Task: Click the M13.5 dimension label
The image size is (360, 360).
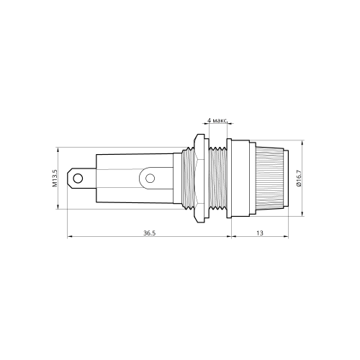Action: click(x=55, y=178)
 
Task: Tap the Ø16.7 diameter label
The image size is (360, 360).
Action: click(x=299, y=178)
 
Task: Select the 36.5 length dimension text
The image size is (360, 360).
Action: click(x=150, y=233)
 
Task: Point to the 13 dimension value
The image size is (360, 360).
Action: click(x=260, y=233)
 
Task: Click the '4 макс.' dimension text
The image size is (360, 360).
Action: click(x=217, y=120)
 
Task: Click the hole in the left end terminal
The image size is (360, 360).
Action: click(x=78, y=179)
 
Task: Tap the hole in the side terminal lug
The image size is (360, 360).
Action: click(x=150, y=179)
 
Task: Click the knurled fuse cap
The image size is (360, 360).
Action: click(x=269, y=179)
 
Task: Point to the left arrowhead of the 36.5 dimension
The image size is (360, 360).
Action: click(x=70, y=237)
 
